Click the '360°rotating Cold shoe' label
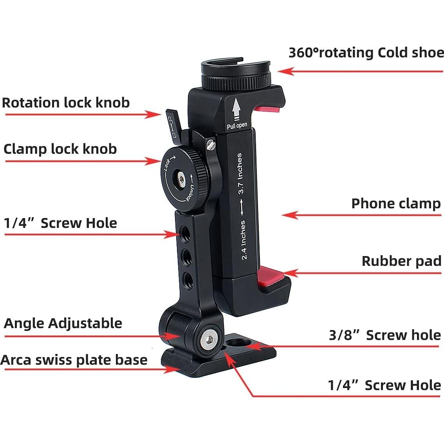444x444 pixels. pyautogui.click(x=366, y=52)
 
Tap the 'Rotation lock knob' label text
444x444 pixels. pyautogui.click(x=66, y=103)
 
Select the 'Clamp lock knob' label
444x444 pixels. pyautogui.click(x=60, y=149)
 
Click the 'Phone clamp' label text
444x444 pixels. pyautogui.click(x=396, y=204)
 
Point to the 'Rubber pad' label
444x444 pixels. pyautogui.click(x=401, y=261)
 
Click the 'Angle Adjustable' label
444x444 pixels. pyautogui.click(x=63, y=323)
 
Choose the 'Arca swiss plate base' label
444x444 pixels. pyautogui.click(x=74, y=360)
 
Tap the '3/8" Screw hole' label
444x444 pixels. pyautogui.click(x=384, y=335)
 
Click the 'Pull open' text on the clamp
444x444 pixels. pyautogui.click(x=237, y=126)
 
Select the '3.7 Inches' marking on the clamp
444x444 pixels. pyautogui.click(x=240, y=173)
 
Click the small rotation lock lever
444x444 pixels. pyautogui.click(x=173, y=123)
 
